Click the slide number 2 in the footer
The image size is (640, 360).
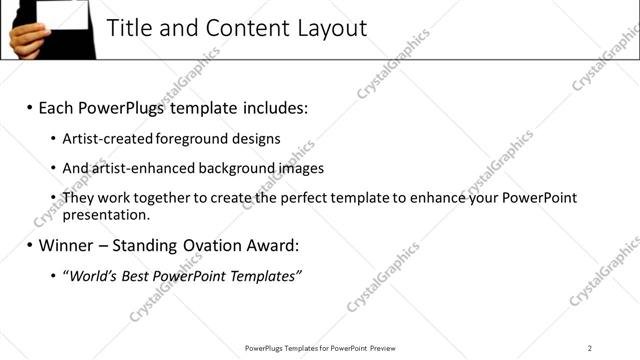pos(590,348)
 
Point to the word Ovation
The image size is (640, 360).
pos(220,245)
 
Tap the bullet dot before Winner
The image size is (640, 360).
pos(29,245)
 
